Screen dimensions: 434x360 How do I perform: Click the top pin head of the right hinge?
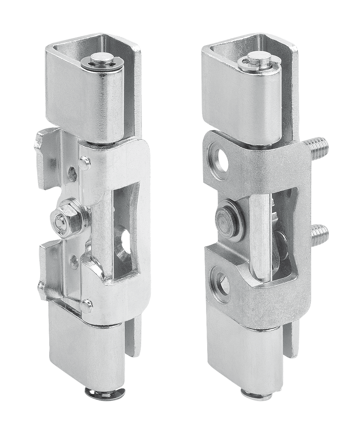click(x=256, y=57)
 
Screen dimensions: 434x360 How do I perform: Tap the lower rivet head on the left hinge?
click(x=87, y=304)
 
